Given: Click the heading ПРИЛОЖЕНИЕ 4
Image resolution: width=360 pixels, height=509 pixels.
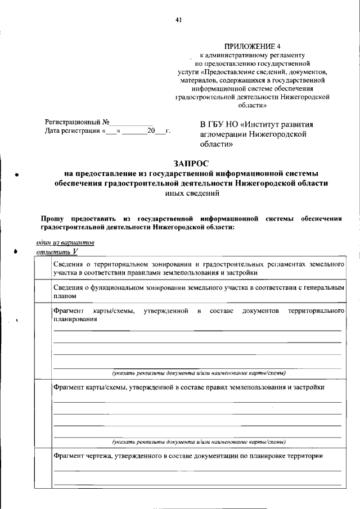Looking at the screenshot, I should point(251,46).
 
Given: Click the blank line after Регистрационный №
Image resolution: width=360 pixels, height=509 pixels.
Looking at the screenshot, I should point(131,122).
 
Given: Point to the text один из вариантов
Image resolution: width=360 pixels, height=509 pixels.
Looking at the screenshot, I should point(65,242).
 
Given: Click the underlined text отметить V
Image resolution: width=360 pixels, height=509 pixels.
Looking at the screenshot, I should point(56,253).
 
